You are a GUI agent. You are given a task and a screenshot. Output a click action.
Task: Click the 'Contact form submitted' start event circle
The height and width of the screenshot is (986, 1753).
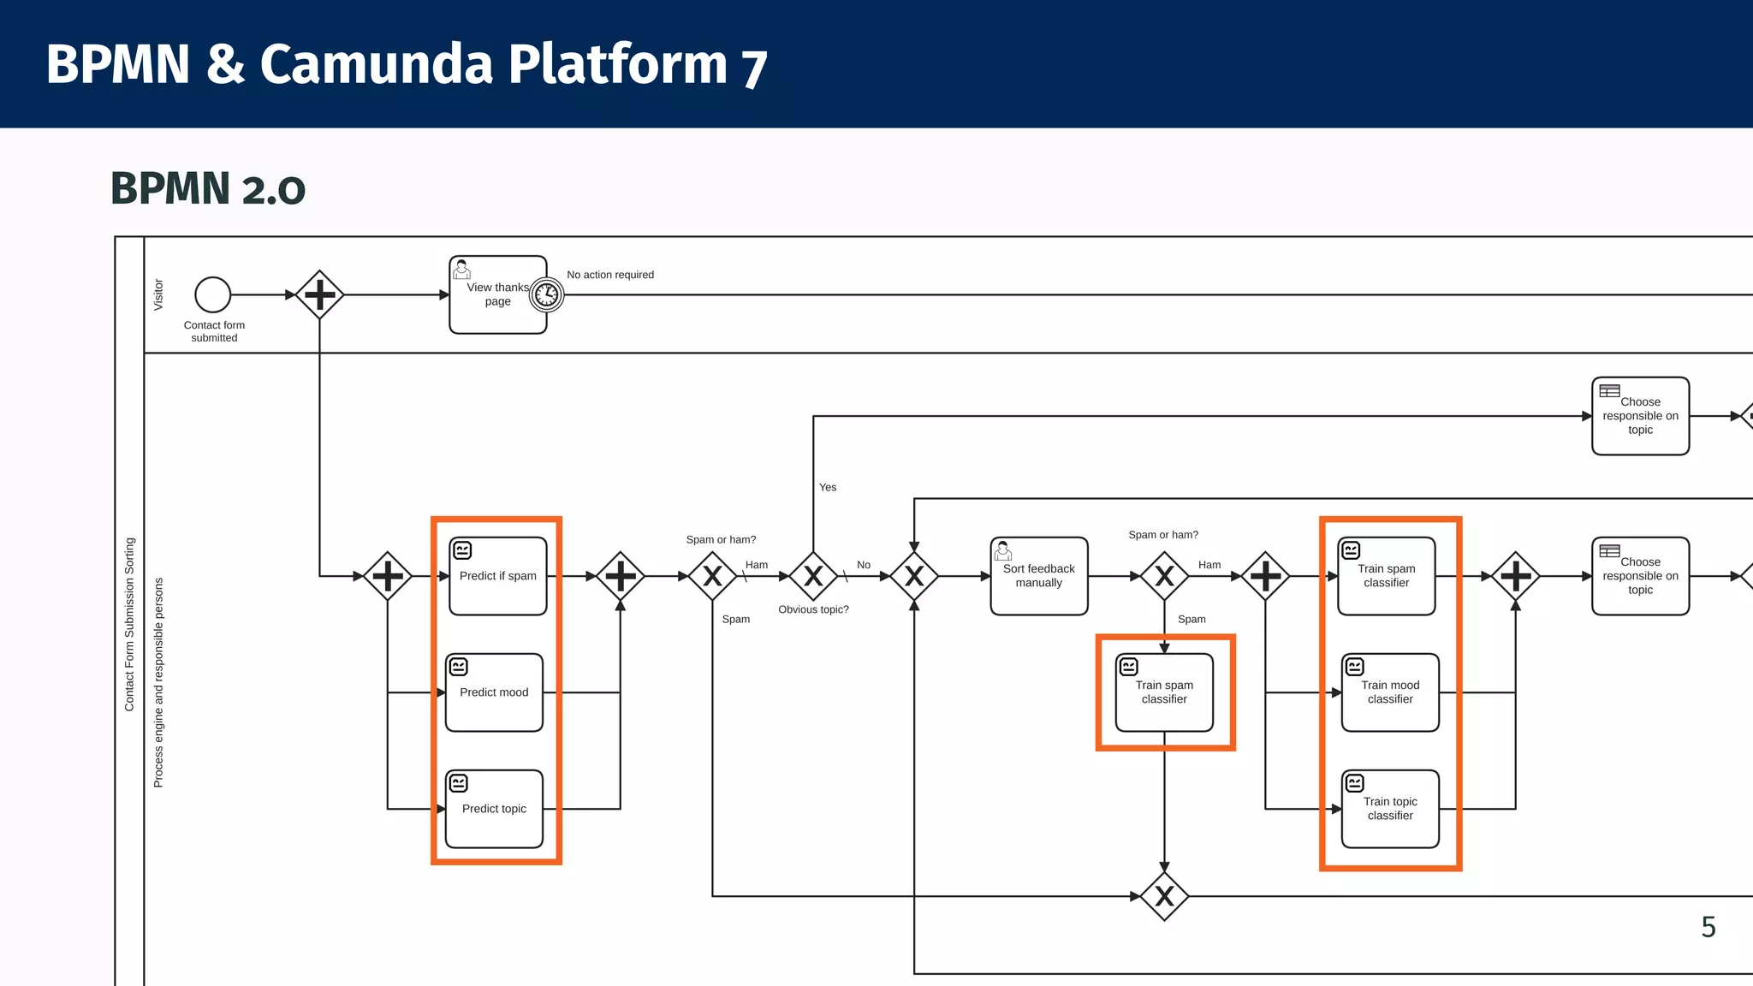coord(212,294)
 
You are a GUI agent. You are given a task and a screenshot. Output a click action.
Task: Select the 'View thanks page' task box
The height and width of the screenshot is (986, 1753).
coord(492,294)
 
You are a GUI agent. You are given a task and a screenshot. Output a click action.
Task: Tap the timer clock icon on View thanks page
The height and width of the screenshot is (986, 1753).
coord(546,294)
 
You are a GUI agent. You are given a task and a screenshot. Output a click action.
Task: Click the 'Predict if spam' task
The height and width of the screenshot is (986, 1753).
coord(497,576)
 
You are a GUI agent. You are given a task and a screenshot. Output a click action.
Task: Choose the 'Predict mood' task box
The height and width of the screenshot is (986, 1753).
coord(494,692)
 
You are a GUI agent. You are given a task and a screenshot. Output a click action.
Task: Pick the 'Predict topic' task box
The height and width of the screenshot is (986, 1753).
coord(494,809)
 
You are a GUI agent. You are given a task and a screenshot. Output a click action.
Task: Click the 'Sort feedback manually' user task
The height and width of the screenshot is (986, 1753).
coord(1038,576)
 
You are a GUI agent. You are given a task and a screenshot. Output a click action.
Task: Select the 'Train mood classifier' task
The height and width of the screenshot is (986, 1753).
coord(1390,692)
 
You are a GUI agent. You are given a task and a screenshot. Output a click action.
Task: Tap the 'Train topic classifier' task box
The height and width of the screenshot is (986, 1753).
coord(1390,809)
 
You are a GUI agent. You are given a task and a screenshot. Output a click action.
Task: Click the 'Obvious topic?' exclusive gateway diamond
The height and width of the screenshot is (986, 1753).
coord(813,576)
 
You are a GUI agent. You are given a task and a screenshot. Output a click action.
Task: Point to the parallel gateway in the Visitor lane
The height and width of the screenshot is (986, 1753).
coord(319,294)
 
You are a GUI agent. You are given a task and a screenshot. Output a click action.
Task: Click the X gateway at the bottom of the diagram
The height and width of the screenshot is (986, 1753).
coord(1164,896)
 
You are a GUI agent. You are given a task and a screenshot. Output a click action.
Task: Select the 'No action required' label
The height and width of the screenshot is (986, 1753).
coord(610,275)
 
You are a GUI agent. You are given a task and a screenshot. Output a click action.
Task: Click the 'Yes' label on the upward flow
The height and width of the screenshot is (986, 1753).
coord(828,487)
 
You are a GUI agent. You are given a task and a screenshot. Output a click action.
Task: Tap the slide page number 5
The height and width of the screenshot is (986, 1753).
coord(1708,927)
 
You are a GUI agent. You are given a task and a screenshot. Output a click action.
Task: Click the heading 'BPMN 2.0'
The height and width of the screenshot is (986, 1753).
coord(208,189)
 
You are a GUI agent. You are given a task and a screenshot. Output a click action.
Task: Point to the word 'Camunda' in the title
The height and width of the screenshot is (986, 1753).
coord(377,64)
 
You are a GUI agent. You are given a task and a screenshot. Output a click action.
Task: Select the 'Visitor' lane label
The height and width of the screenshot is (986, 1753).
coord(158,294)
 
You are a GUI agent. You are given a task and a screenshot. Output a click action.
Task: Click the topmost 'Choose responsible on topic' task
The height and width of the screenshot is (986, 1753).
coord(1640,416)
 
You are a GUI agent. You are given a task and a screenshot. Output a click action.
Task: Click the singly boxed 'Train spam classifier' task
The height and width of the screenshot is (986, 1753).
coord(1164,692)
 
